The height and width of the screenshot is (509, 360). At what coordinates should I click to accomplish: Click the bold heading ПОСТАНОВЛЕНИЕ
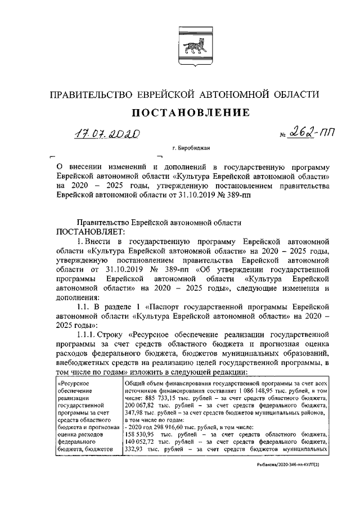tap(190, 113)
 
